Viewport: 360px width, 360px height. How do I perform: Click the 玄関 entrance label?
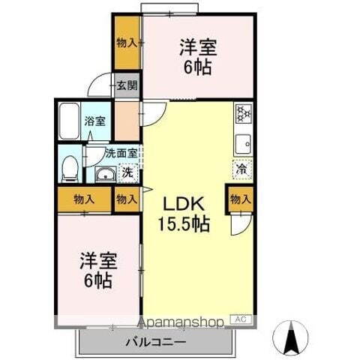coord(127,85)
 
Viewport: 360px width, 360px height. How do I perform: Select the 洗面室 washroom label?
coord(120,153)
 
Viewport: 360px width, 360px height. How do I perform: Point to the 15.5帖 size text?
coord(183,223)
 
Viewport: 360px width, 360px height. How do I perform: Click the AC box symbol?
coord(241,320)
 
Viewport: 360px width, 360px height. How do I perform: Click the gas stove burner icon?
coord(244,114)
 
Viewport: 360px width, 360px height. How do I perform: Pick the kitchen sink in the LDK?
coord(244,142)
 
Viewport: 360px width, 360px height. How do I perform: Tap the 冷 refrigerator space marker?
coord(242,169)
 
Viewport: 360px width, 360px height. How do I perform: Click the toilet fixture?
coord(69,168)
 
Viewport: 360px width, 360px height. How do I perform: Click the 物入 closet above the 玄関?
coord(127,43)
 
